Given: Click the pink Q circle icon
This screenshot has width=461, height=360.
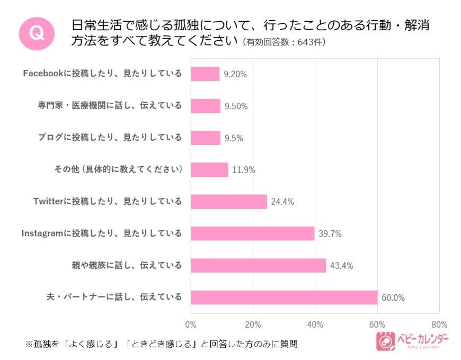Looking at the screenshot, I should pos(37,33).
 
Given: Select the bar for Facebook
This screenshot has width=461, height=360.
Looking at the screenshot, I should pos(205,74).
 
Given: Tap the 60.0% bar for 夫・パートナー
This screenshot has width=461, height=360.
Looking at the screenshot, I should pos(284,298).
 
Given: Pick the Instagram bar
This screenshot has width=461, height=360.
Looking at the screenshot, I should pos(252,233).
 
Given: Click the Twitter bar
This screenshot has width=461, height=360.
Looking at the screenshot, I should pos(228,202).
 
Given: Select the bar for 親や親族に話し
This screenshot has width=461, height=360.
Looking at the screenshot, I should pos(258,265).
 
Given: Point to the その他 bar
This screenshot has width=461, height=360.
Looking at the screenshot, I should pos(209,170).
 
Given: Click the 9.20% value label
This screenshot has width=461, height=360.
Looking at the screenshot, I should pos(235,74).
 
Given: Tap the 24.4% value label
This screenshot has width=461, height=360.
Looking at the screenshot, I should pos(282,202).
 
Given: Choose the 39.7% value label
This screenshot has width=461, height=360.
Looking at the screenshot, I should pos(330,233).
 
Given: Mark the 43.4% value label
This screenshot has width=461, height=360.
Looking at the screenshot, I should pos(341,265).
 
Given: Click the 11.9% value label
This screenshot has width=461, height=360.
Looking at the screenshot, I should pos(244,170).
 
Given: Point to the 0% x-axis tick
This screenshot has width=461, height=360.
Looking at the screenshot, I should pos(191,324).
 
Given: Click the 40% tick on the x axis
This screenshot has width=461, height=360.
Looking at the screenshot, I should pos(315,324).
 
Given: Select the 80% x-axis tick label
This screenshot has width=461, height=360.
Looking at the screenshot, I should pos(439,324).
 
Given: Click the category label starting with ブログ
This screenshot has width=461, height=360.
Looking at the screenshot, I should pos(110,138).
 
